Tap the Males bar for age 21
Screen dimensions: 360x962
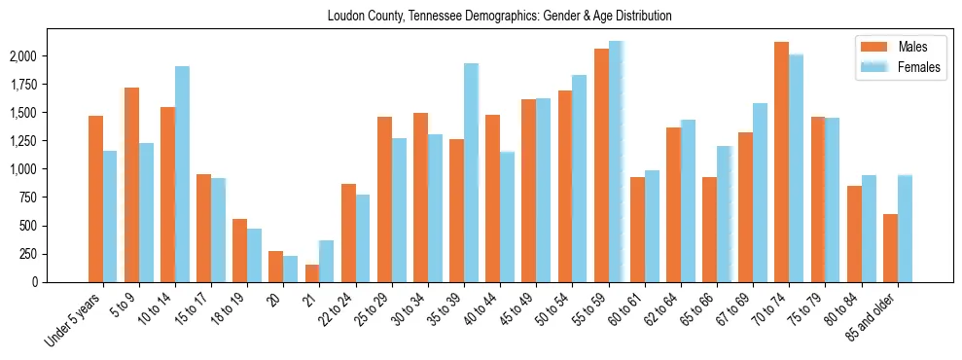tap(312, 273)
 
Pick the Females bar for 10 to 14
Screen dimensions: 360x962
tap(182, 174)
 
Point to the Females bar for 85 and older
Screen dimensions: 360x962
tap(905, 229)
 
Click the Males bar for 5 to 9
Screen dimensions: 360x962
tap(131, 185)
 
